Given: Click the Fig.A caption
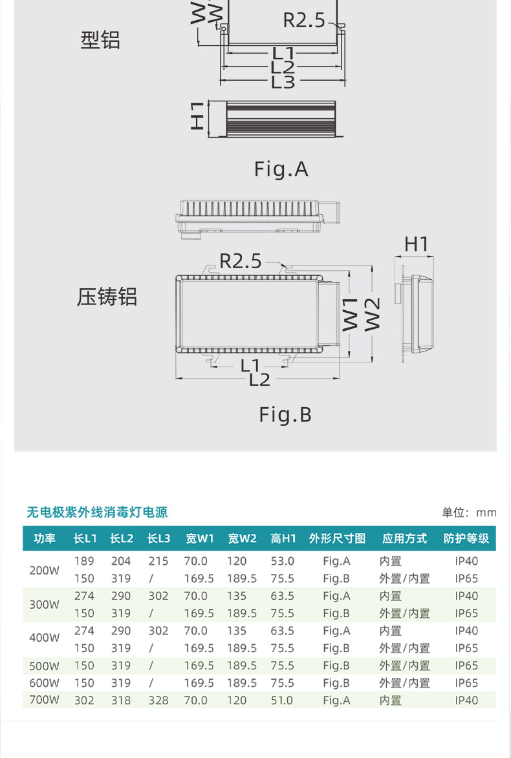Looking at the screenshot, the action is pos(281,169).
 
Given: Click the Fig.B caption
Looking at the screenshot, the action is pos(285,414).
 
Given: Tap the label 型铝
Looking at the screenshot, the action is pos(100,40).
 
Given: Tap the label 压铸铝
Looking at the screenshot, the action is pos(107,297).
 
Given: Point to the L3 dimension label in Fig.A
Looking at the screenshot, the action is pos(283,82).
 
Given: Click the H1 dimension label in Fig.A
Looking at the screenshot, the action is pos(198,116).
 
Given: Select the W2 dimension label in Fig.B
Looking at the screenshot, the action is pos(372,314).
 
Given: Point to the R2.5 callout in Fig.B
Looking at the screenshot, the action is pos(241,261).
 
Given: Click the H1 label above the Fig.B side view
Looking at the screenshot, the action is pos(417,244).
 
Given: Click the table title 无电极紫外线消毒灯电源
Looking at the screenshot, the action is pos(97,512).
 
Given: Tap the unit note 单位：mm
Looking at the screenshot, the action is pos(469,512).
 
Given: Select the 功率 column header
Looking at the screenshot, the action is pos(45,538).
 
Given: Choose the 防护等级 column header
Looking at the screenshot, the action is pos(466,538).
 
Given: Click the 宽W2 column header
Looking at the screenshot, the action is pos(242,538).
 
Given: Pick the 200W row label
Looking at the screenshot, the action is pos(44,570).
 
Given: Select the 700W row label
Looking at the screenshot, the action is pos(44,700).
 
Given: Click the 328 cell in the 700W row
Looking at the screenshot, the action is pos(158,700).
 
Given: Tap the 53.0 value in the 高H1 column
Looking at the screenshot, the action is pos(282,561).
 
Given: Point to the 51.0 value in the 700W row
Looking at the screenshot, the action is pos(282,700).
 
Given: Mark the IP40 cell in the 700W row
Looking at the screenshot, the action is pos(466,700).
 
